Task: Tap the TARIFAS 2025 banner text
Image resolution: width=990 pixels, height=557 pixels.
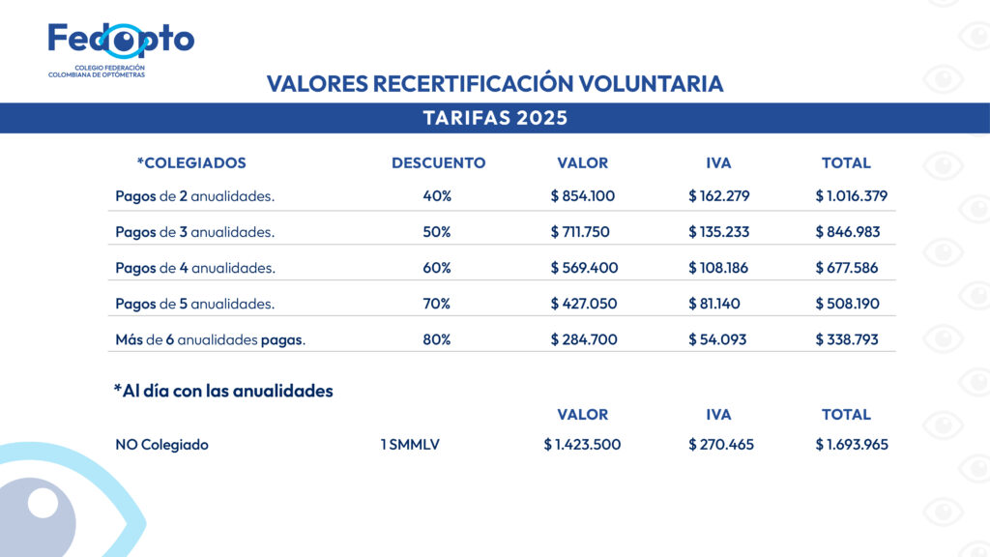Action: click(495, 118)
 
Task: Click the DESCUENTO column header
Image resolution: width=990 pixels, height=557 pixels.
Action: click(438, 162)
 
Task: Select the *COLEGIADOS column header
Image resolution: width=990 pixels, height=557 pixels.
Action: click(191, 162)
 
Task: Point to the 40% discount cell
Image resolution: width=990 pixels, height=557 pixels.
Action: click(437, 195)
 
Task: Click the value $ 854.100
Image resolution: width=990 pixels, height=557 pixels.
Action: click(583, 195)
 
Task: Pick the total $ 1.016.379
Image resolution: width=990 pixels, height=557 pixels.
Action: click(851, 195)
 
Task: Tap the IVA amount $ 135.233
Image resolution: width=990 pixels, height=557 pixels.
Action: click(718, 232)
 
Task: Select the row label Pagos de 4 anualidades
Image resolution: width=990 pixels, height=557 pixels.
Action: click(194, 268)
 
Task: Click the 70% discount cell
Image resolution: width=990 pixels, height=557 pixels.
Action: click(437, 304)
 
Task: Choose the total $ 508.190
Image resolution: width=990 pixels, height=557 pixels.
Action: click(847, 304)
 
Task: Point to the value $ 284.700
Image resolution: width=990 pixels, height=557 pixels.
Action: click(583, 339)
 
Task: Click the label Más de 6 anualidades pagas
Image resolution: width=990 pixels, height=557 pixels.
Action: click(210, 339)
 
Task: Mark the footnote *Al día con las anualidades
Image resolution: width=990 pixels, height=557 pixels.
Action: click(223, 391)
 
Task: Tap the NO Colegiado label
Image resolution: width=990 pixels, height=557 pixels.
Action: click(161, 445)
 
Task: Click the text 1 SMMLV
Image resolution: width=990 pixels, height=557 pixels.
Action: click(410, 445)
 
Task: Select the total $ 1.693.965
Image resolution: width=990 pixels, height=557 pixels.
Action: click(851, 445)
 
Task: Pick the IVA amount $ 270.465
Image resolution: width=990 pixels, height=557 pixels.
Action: click(721, 445)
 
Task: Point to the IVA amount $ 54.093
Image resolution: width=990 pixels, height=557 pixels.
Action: click(717, 339)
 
